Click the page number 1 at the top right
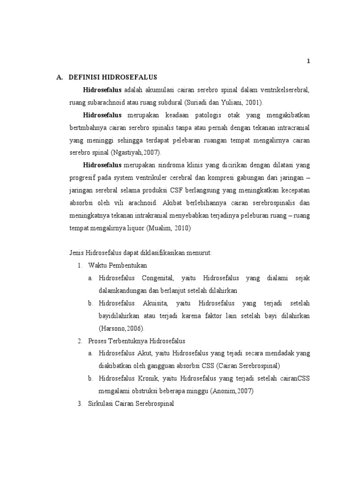[308, 61]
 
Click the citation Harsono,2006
[124, 329]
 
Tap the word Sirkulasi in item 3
[101, 403]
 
